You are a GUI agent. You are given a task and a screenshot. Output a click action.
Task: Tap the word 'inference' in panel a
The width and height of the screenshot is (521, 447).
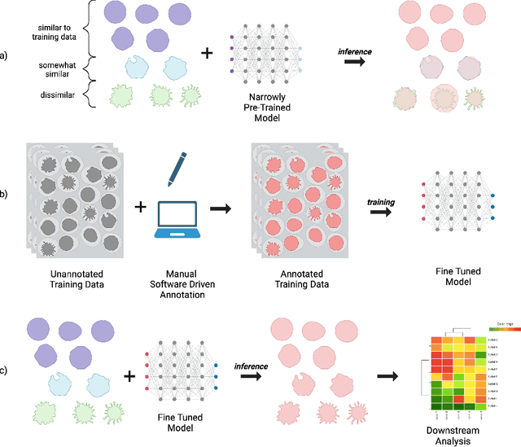[x=356, y=52]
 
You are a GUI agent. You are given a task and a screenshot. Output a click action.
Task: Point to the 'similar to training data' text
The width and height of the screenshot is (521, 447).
[x=49, y=31]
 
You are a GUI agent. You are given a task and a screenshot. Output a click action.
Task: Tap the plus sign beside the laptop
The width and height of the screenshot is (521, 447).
[x=140, y=208]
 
